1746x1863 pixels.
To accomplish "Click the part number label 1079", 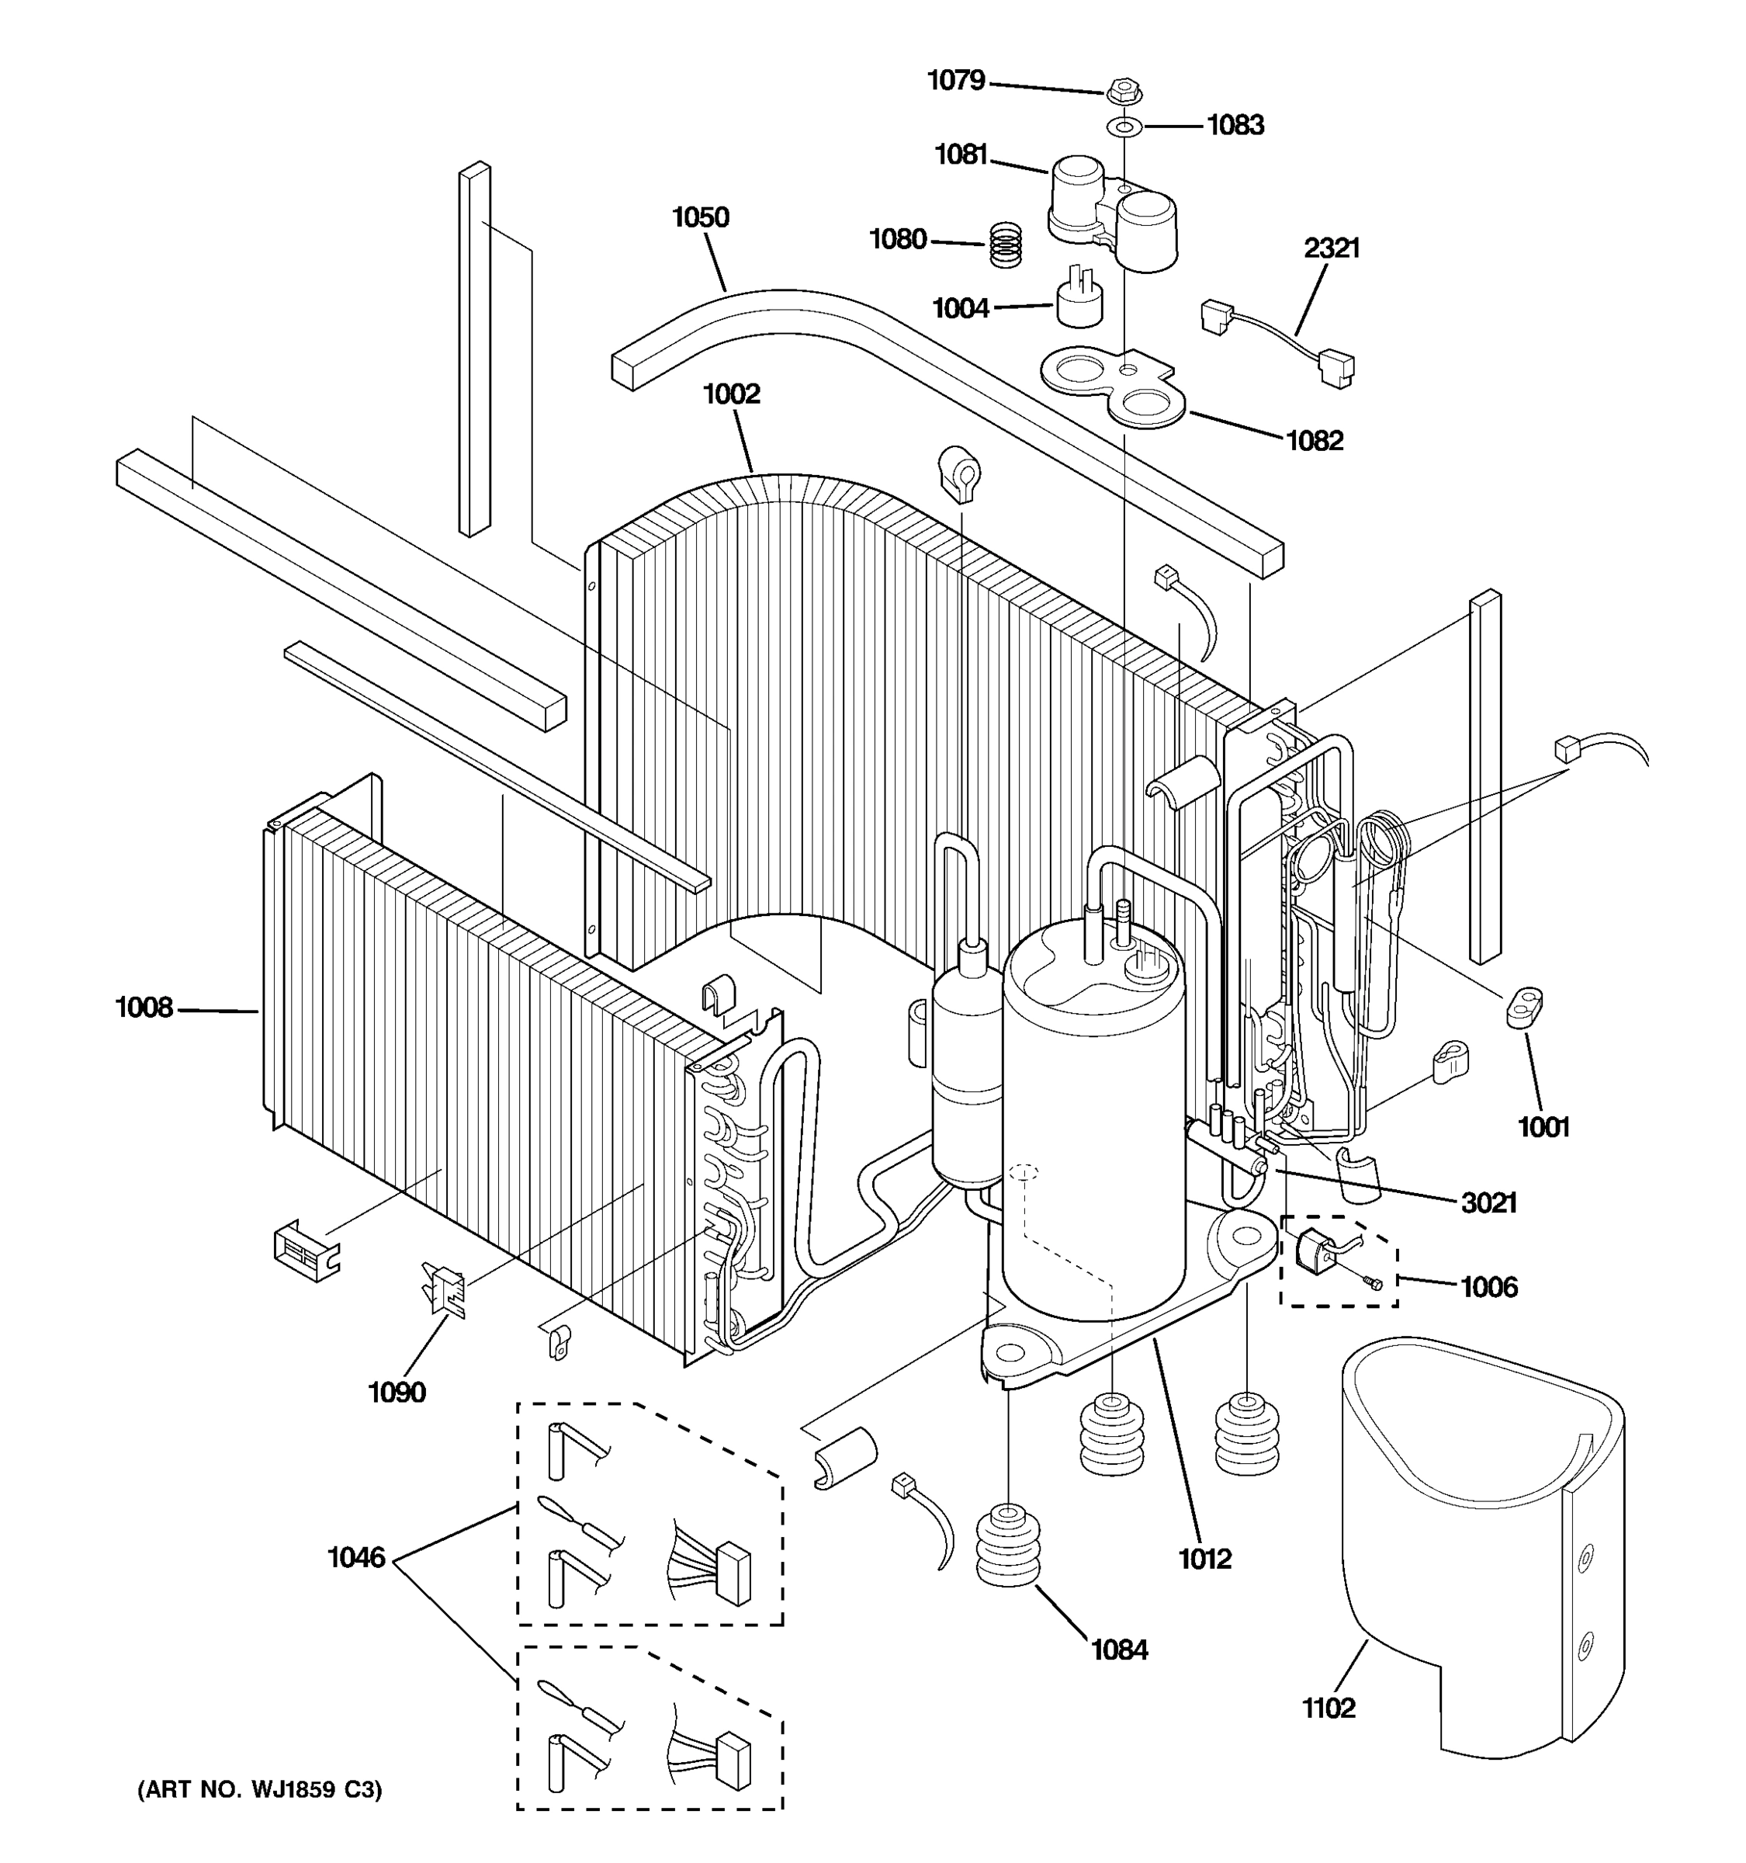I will pos(955,81).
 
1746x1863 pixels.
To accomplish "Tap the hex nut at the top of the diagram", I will pos(1123,92).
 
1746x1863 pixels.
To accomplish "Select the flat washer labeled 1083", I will pos(1122,127).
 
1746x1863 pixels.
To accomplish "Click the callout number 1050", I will pos(700,217).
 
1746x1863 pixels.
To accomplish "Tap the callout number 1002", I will pos(732,394).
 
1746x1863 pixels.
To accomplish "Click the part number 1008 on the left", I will pos(144,1008).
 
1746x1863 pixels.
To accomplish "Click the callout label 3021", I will pos(1488,1202).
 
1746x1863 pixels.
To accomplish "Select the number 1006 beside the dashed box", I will pos(1488,1287).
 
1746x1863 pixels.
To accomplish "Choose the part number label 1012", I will pos(1204,1559).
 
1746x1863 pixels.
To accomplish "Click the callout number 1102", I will pos(1329,1709).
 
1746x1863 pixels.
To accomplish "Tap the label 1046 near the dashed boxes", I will pos(356,1557).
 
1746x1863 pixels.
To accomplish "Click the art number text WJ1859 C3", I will pos(261,1790).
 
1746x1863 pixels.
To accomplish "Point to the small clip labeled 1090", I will pos(444,1288).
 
